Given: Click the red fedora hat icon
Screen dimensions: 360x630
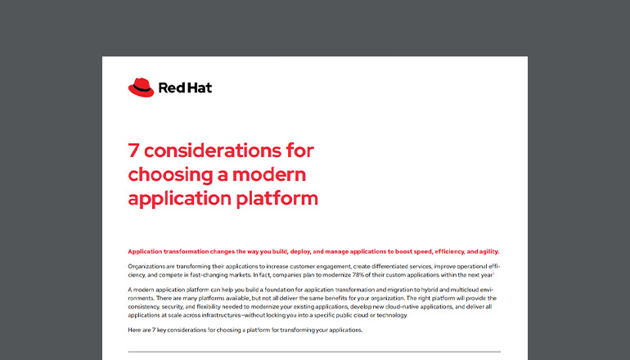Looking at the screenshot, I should pyautogui.click(x=141, y=87).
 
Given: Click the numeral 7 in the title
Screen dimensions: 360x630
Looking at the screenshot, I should pyautogui.click(x=134, y=152).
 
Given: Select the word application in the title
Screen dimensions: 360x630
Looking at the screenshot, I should pyautogui.click(x=180, y=198).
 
